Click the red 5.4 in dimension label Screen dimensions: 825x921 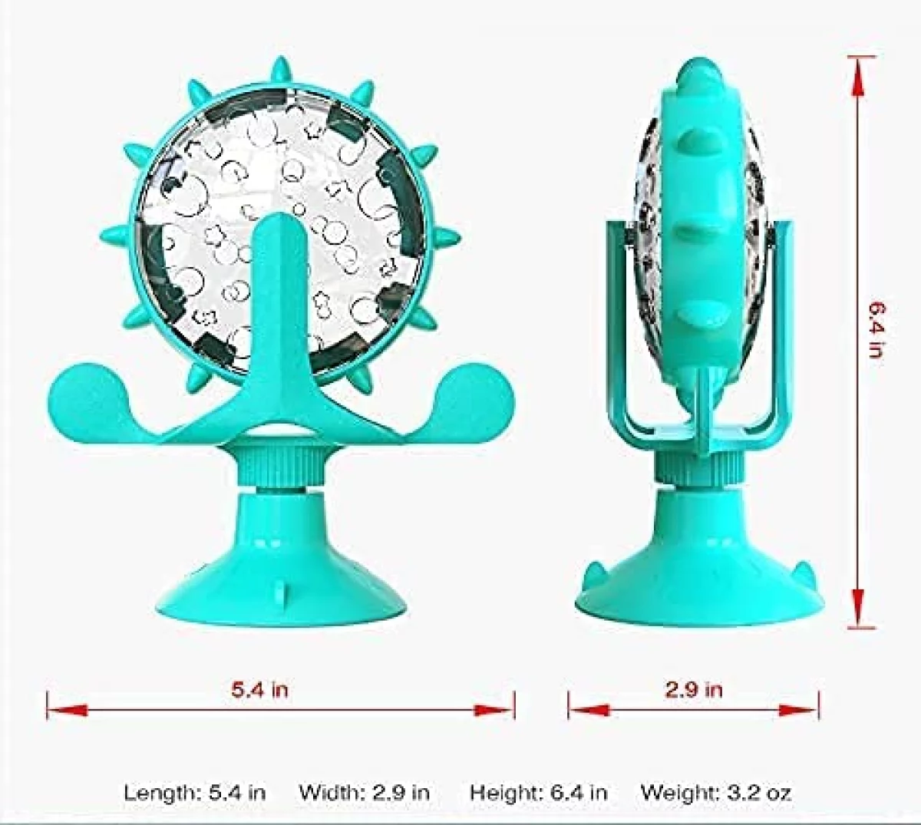[x=259, y=689]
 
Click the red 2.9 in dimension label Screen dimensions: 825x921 [x=693, y=689]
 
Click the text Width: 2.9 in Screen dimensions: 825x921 [x=364, y=792]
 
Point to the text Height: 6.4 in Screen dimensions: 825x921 [x=538, y=792]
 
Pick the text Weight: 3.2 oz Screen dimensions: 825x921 [x=715, y=792]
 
